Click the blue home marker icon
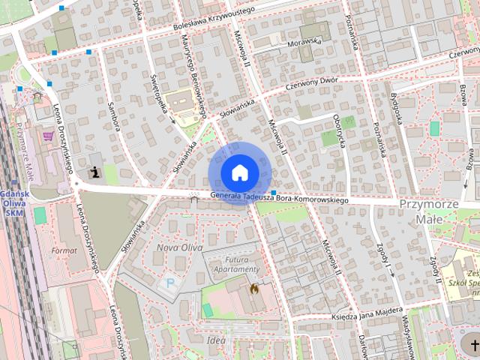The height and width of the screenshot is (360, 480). click(238, 173)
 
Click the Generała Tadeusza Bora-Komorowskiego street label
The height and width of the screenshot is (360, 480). click(280, 199)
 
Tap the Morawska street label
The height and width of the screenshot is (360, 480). click(303, 43)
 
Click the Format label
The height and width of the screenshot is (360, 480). click(64, 249)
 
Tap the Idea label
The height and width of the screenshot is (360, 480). click(216, 340)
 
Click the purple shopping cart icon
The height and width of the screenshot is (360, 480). click(49, 136)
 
